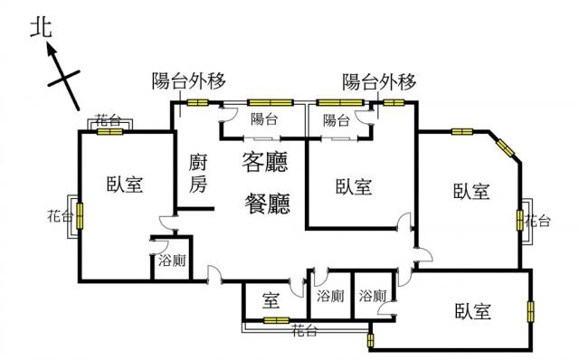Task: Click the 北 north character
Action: pos(41,28)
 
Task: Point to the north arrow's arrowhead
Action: pos(52,50)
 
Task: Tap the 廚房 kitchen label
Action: pos(198,173)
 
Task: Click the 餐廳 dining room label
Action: pos(268,204)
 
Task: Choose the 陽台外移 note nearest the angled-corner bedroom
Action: pos(379,81)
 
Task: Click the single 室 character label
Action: pos(271,300)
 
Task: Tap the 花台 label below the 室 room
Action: pos(305,331)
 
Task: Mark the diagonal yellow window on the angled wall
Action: pos(505,147)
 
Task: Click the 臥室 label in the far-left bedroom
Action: pos(125,184)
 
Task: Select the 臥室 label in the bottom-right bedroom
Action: pos(473,311)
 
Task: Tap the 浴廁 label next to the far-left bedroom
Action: pos(172,261)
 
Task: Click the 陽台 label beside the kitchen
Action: pos(264,119)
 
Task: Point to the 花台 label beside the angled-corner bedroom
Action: pos(537,221)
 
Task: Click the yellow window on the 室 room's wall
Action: pos(276,320)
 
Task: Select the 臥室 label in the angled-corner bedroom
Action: pos(471,191)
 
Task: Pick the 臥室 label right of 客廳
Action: pos(354,186)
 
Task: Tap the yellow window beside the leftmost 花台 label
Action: pos(80,215)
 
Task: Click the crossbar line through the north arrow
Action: pos(64,78)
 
